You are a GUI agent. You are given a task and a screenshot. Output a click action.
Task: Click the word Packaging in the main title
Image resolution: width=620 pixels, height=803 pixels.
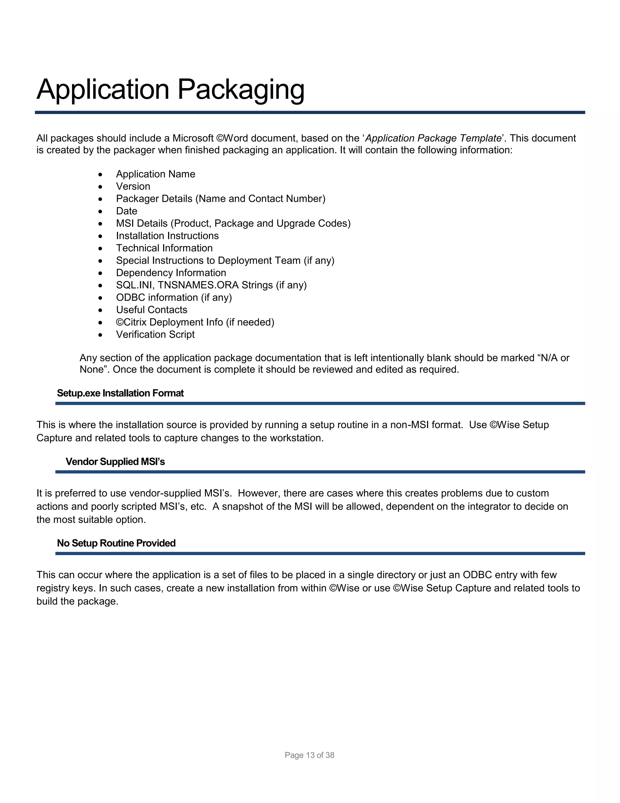coord(241,90)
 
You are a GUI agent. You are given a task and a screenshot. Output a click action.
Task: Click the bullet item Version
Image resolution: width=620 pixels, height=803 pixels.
coord(133,186)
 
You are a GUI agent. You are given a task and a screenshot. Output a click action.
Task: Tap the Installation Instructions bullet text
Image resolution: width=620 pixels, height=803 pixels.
coord(167,236)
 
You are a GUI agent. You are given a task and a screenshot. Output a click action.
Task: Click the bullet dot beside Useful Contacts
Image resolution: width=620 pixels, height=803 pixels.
coord(100,310)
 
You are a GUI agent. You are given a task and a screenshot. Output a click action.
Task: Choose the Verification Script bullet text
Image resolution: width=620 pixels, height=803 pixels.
coord(155,334)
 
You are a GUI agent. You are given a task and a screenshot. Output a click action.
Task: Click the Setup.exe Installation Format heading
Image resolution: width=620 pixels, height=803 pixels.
coord(120,393)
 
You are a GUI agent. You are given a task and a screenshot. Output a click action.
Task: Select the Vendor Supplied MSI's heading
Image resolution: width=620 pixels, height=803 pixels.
coord(115,461)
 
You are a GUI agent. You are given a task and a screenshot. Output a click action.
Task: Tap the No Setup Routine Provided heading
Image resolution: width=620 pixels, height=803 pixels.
coord(116,543)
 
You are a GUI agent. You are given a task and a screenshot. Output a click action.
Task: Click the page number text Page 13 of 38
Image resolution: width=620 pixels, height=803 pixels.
coord(309,755)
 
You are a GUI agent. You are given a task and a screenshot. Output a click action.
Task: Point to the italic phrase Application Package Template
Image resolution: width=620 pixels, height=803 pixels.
coord(433,138)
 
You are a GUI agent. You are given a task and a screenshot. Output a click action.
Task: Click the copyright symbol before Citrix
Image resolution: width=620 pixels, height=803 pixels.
coord(120,322)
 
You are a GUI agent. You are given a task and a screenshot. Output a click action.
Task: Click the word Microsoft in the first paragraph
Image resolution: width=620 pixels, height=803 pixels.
coord(193,138)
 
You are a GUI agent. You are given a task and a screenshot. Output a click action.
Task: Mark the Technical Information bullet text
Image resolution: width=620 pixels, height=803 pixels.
coord(164,248)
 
